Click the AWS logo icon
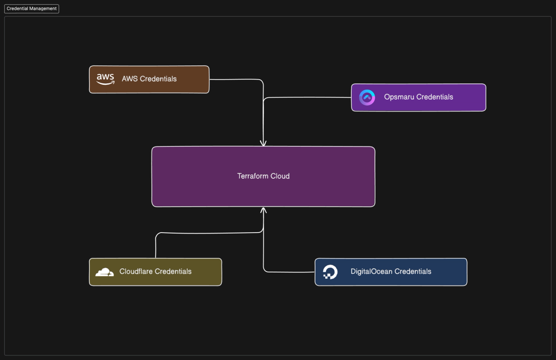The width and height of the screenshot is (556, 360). (x=106, y=79)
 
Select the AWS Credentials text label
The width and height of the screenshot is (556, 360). (x=149, y=79)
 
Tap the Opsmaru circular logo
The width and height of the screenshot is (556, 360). (x=367, y=97)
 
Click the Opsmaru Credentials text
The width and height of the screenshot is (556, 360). (x=418, y=97)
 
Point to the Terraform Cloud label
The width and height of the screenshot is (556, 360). (x=263, y=176)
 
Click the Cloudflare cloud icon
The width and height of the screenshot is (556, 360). (x=105, y=272)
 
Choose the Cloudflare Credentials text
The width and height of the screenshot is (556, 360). (x=155, y=272)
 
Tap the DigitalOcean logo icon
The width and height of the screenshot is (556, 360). (x=330, y=272)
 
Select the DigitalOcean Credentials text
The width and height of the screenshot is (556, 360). (x=391, y=272)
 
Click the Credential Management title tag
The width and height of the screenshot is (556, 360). (x=32, y=9)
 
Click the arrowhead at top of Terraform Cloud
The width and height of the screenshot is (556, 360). (x=263, y=144)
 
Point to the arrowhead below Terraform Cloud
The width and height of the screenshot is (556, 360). (x=263, y=210)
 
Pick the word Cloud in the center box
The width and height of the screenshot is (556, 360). (x=280, y=176)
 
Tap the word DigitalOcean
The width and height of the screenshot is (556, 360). (x=372, y=272)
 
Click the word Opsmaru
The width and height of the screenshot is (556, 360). (x=399, y=97)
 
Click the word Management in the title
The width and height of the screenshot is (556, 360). (x=44, y=9)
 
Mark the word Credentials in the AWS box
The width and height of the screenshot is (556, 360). (x=158, y=79)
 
